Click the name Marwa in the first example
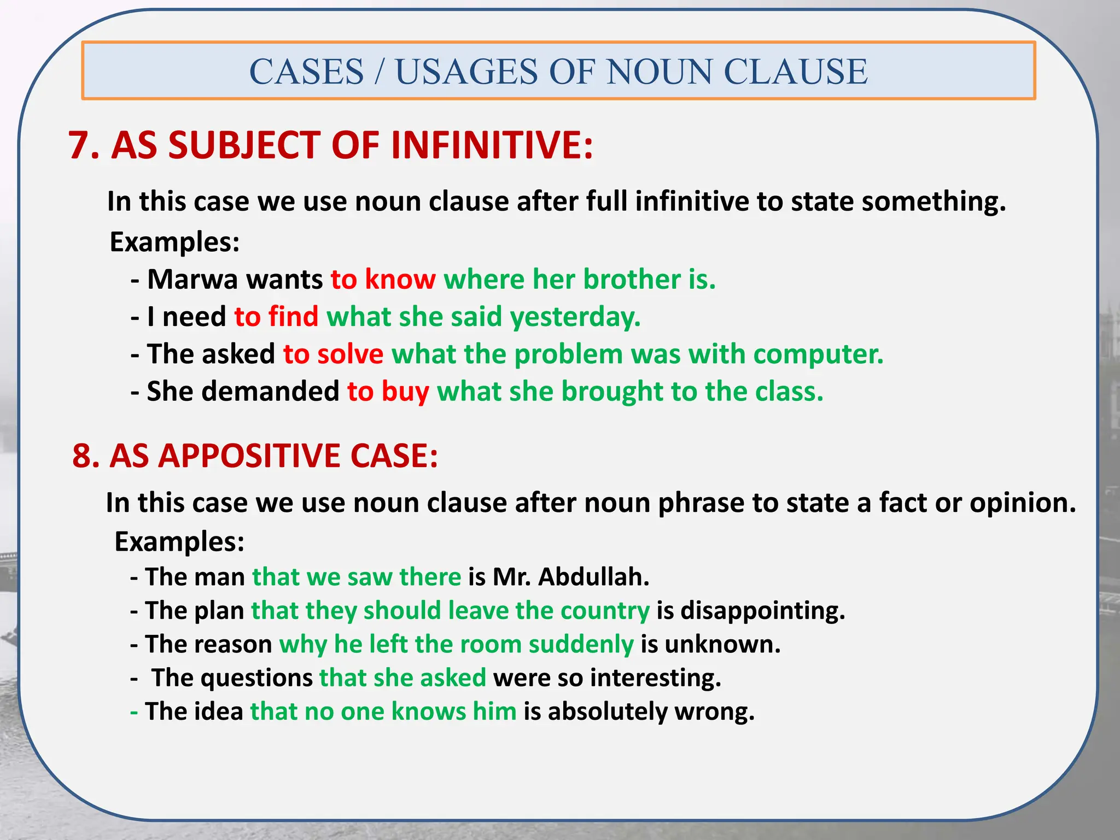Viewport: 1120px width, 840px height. [x=192, y=279]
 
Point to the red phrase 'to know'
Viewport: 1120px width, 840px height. [x=383, y=279]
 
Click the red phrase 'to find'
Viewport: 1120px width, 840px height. [x=276, y=317]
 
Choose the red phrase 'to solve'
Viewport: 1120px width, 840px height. [x=333, y=354]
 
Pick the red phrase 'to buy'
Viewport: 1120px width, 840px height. [x=388, y=392]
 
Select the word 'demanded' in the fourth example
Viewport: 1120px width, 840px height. [x=271, y=392]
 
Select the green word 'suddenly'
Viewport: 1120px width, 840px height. [x=581, y=645]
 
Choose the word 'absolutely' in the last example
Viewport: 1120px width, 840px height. [x=607, y=712]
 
